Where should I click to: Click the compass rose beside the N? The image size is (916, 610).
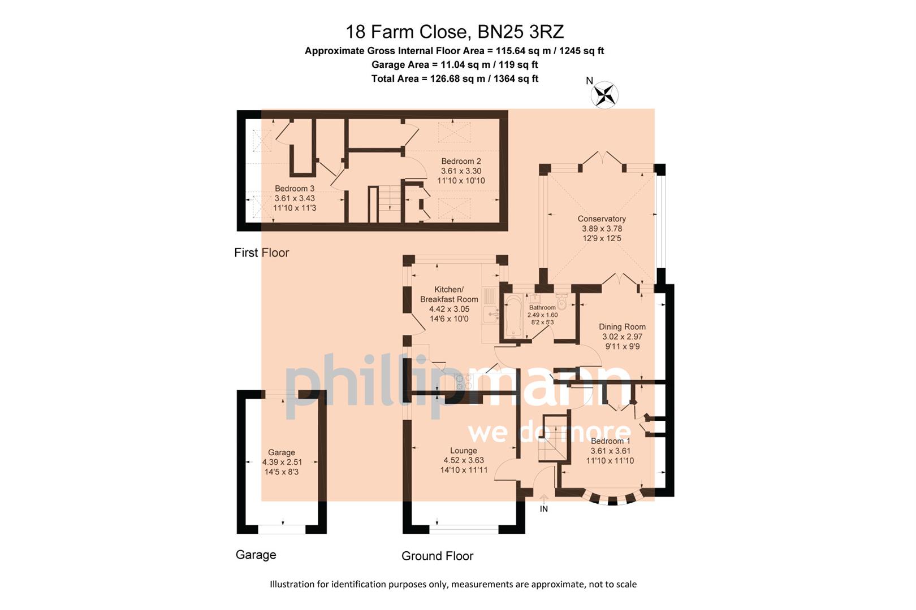click(604, 95)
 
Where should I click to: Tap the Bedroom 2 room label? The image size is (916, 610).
click(461, 162)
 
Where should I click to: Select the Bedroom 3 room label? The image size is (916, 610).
click(295, 189)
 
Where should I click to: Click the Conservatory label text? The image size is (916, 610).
click(602, 219)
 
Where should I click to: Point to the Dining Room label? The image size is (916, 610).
click(622, 327)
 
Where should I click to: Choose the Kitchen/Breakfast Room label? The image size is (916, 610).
click(449, 294)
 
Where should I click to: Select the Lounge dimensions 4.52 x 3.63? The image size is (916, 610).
click(464, 460)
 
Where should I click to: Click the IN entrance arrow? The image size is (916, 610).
click(544, 500)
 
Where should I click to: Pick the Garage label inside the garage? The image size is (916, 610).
click(282, 452)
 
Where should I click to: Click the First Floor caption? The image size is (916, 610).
click(261, 253)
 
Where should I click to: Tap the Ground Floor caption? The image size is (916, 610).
click(437, 556)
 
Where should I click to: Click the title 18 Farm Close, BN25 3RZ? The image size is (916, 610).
click(455, 32)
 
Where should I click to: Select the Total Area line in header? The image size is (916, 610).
click(455, 79)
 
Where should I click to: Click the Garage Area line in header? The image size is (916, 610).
click(455, 65)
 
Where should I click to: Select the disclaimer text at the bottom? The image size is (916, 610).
click(453, 585)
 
